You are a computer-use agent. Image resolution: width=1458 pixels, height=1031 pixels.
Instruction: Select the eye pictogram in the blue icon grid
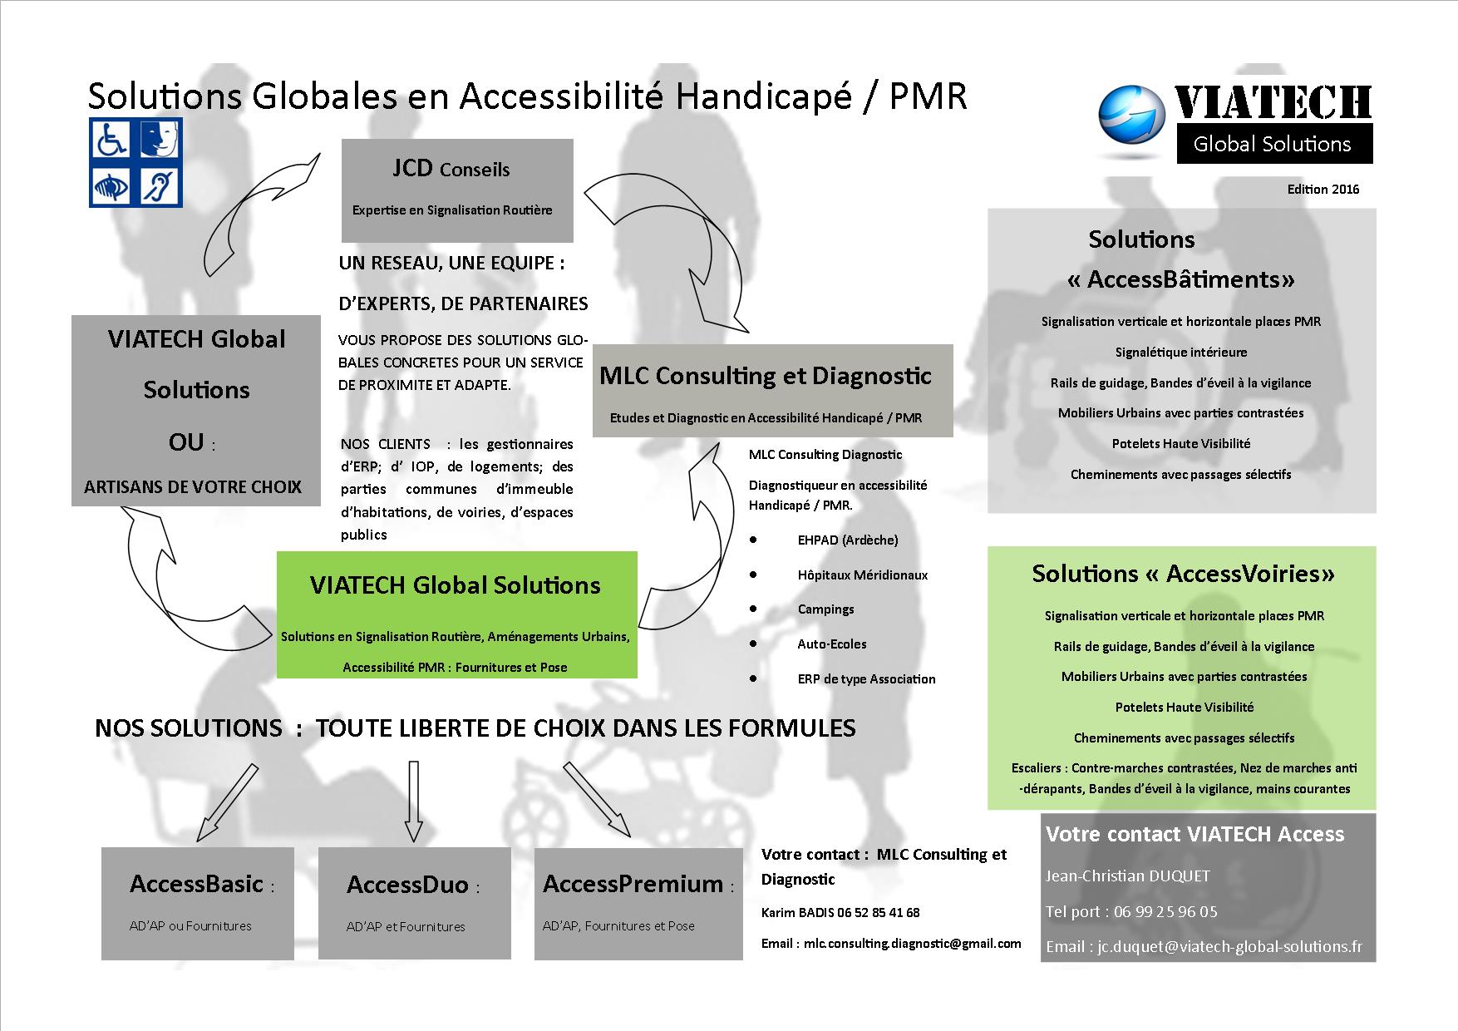tap(112, 185)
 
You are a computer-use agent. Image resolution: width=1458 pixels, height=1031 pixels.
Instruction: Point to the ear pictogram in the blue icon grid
tap(159, 185)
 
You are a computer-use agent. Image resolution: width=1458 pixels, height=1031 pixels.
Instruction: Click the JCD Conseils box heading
tap(451, 169)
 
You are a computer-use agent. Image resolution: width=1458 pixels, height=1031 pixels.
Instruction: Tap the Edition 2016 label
tap(1323, 190)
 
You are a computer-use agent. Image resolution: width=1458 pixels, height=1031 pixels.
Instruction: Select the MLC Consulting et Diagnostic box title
tap(766, 376)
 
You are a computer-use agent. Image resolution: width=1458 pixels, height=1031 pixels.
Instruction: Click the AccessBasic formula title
tap(197, 883)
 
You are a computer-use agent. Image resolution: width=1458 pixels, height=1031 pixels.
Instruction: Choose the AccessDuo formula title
tap(408, 884)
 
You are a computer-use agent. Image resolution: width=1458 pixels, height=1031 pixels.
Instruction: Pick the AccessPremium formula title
tap(633, 883)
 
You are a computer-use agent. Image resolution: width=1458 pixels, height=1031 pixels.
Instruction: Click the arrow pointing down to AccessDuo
tap(413, 800)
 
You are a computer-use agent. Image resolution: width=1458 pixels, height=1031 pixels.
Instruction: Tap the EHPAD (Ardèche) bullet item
tap(848, 540)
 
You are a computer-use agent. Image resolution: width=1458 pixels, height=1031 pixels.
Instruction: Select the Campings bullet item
tap(825, 609)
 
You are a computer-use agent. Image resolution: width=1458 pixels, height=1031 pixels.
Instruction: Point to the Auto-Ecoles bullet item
tap(832, 644)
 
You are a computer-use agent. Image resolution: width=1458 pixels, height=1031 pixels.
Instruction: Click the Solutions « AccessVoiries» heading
tap(1184, 574)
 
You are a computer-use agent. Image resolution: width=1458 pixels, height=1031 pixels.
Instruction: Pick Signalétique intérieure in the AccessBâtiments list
tap(1181, 353)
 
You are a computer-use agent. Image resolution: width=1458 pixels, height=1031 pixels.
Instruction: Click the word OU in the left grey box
tap(186, 442)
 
